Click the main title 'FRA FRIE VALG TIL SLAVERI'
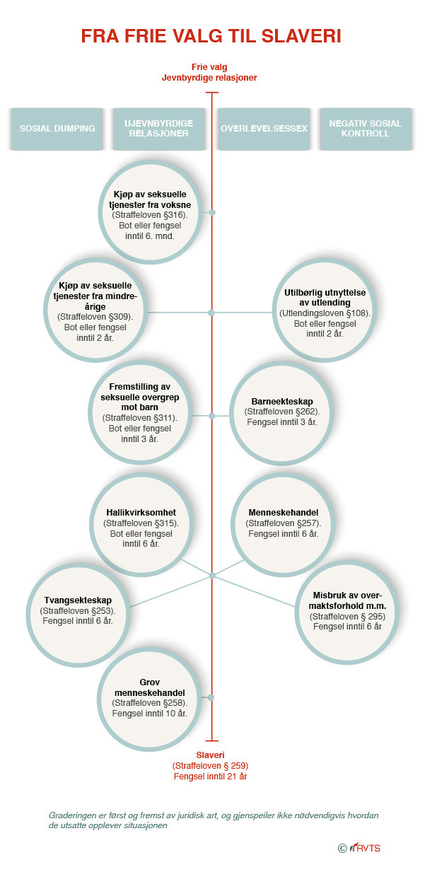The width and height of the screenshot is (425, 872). coord(211,36)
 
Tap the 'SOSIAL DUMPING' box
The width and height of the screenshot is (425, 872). coord(57,129)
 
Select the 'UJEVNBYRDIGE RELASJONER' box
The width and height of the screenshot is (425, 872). coord(159,129)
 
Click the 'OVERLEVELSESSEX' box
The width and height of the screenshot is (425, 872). coord(264,129)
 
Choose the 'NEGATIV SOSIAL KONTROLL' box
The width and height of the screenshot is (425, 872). coord(366,129)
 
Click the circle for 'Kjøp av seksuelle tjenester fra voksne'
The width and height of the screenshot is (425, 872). coord(150,213)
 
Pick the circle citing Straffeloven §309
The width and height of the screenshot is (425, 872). coord(95,311)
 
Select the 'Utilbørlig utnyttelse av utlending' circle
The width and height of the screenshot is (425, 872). coord(325,311)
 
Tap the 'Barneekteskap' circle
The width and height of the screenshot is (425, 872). coord(281,414)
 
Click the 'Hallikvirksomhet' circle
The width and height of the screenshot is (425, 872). coord(141,525)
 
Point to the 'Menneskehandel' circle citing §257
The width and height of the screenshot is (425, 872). coord(283,523)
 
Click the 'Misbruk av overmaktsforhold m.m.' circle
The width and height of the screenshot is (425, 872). coord(347,612)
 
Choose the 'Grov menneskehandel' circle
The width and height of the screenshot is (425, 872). coord(149,699)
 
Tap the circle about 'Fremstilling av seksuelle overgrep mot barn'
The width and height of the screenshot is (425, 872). coord(140,413)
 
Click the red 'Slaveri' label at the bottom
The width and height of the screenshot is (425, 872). coord(210,755)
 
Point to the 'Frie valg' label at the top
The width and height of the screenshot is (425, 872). coord(209,67)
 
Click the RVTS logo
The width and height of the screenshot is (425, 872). coord(359,848)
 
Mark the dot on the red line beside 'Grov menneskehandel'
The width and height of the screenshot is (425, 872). coord(211,697)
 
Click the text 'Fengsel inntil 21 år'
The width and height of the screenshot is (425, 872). coord(210,777)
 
